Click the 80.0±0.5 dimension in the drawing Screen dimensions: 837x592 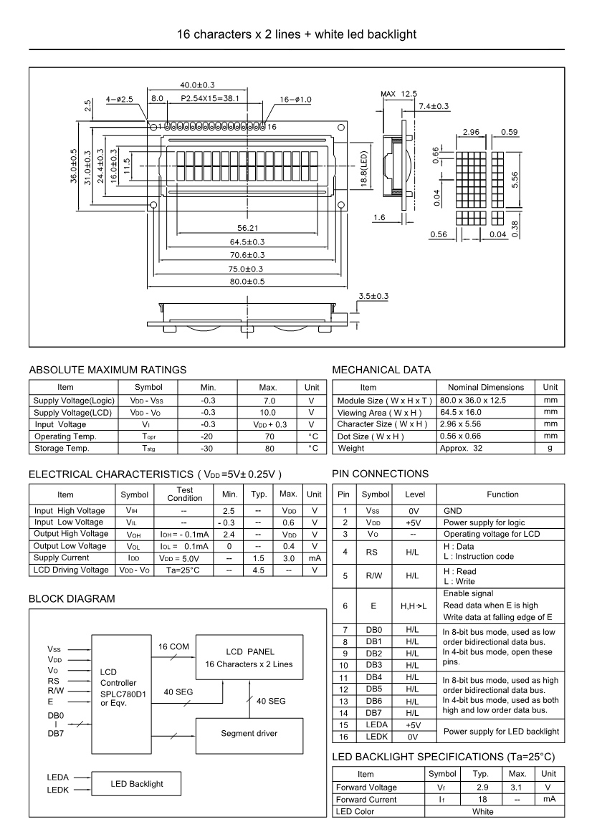click(247, 282)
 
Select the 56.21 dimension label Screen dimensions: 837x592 click(247, 228)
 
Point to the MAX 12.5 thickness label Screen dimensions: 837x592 click(401, 94)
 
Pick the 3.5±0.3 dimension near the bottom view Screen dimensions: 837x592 click(373, 295)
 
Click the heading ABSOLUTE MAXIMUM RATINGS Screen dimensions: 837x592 click(108, 370)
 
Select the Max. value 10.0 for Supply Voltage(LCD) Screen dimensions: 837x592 click(267, 413)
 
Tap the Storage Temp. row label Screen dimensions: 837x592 click(61, 448)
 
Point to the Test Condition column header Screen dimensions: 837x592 click(185, 494)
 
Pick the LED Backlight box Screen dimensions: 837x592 click(136, 783)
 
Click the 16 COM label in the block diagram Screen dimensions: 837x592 click(173, 646)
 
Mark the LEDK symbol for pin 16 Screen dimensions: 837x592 click(373, 737)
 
